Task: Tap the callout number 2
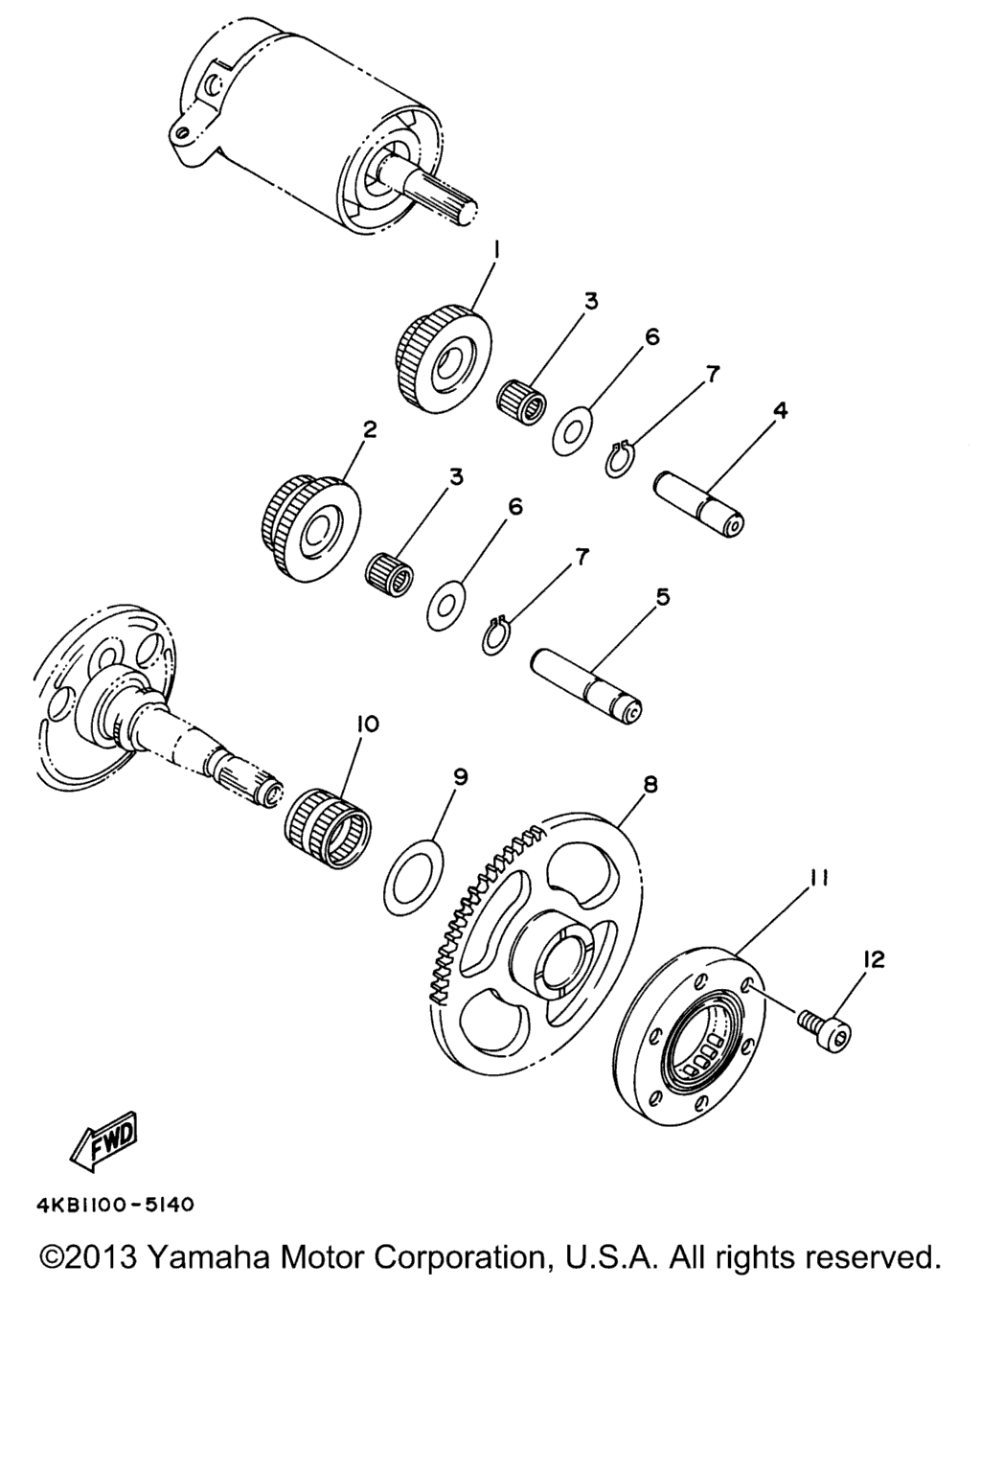369,429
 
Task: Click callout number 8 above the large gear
650,785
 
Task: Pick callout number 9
460,777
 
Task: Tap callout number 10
367,724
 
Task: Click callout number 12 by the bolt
875,958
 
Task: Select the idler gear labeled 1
444,360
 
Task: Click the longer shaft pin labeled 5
586,686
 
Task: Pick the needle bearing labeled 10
327,829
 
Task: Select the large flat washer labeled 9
413,876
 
